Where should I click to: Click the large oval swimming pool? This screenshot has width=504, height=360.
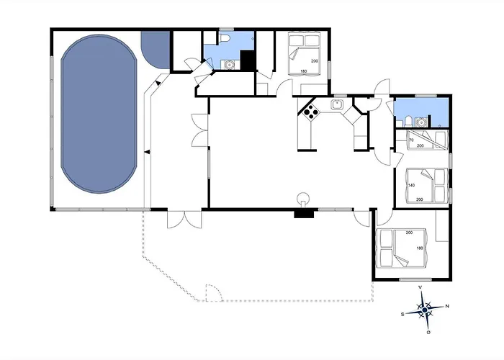(x=99, y=114)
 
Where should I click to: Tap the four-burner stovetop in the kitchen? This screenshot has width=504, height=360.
(x=311, y=112)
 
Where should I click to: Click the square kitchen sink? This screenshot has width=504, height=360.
(x=337, y=104)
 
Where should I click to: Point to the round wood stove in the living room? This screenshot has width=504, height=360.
(x=303, y=198)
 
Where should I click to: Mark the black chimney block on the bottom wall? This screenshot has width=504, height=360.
(x=304, y=214)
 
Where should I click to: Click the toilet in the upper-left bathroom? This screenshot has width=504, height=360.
(x=225, y=37)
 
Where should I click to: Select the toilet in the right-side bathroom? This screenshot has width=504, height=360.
(x=408, y=122)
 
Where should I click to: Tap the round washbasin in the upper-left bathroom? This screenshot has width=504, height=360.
(x=229, y=65)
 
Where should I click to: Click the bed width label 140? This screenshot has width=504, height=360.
(x=411, y=185)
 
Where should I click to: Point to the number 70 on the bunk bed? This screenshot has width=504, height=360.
(x=411, y=140)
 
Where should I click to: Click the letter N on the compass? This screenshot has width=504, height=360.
(x=447, y=306)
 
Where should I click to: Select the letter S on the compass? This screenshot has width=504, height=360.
(x=402, y=315)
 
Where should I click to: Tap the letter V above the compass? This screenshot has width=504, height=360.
(x=420, y=287)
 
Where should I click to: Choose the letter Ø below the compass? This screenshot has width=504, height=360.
(x=428, y=333)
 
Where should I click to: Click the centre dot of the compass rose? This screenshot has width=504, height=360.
(x=425, y=310)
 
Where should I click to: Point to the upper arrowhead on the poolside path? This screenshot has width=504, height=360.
(x=158, y=83)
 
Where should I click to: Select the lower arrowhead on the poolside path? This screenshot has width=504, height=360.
(x=147, y=152)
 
